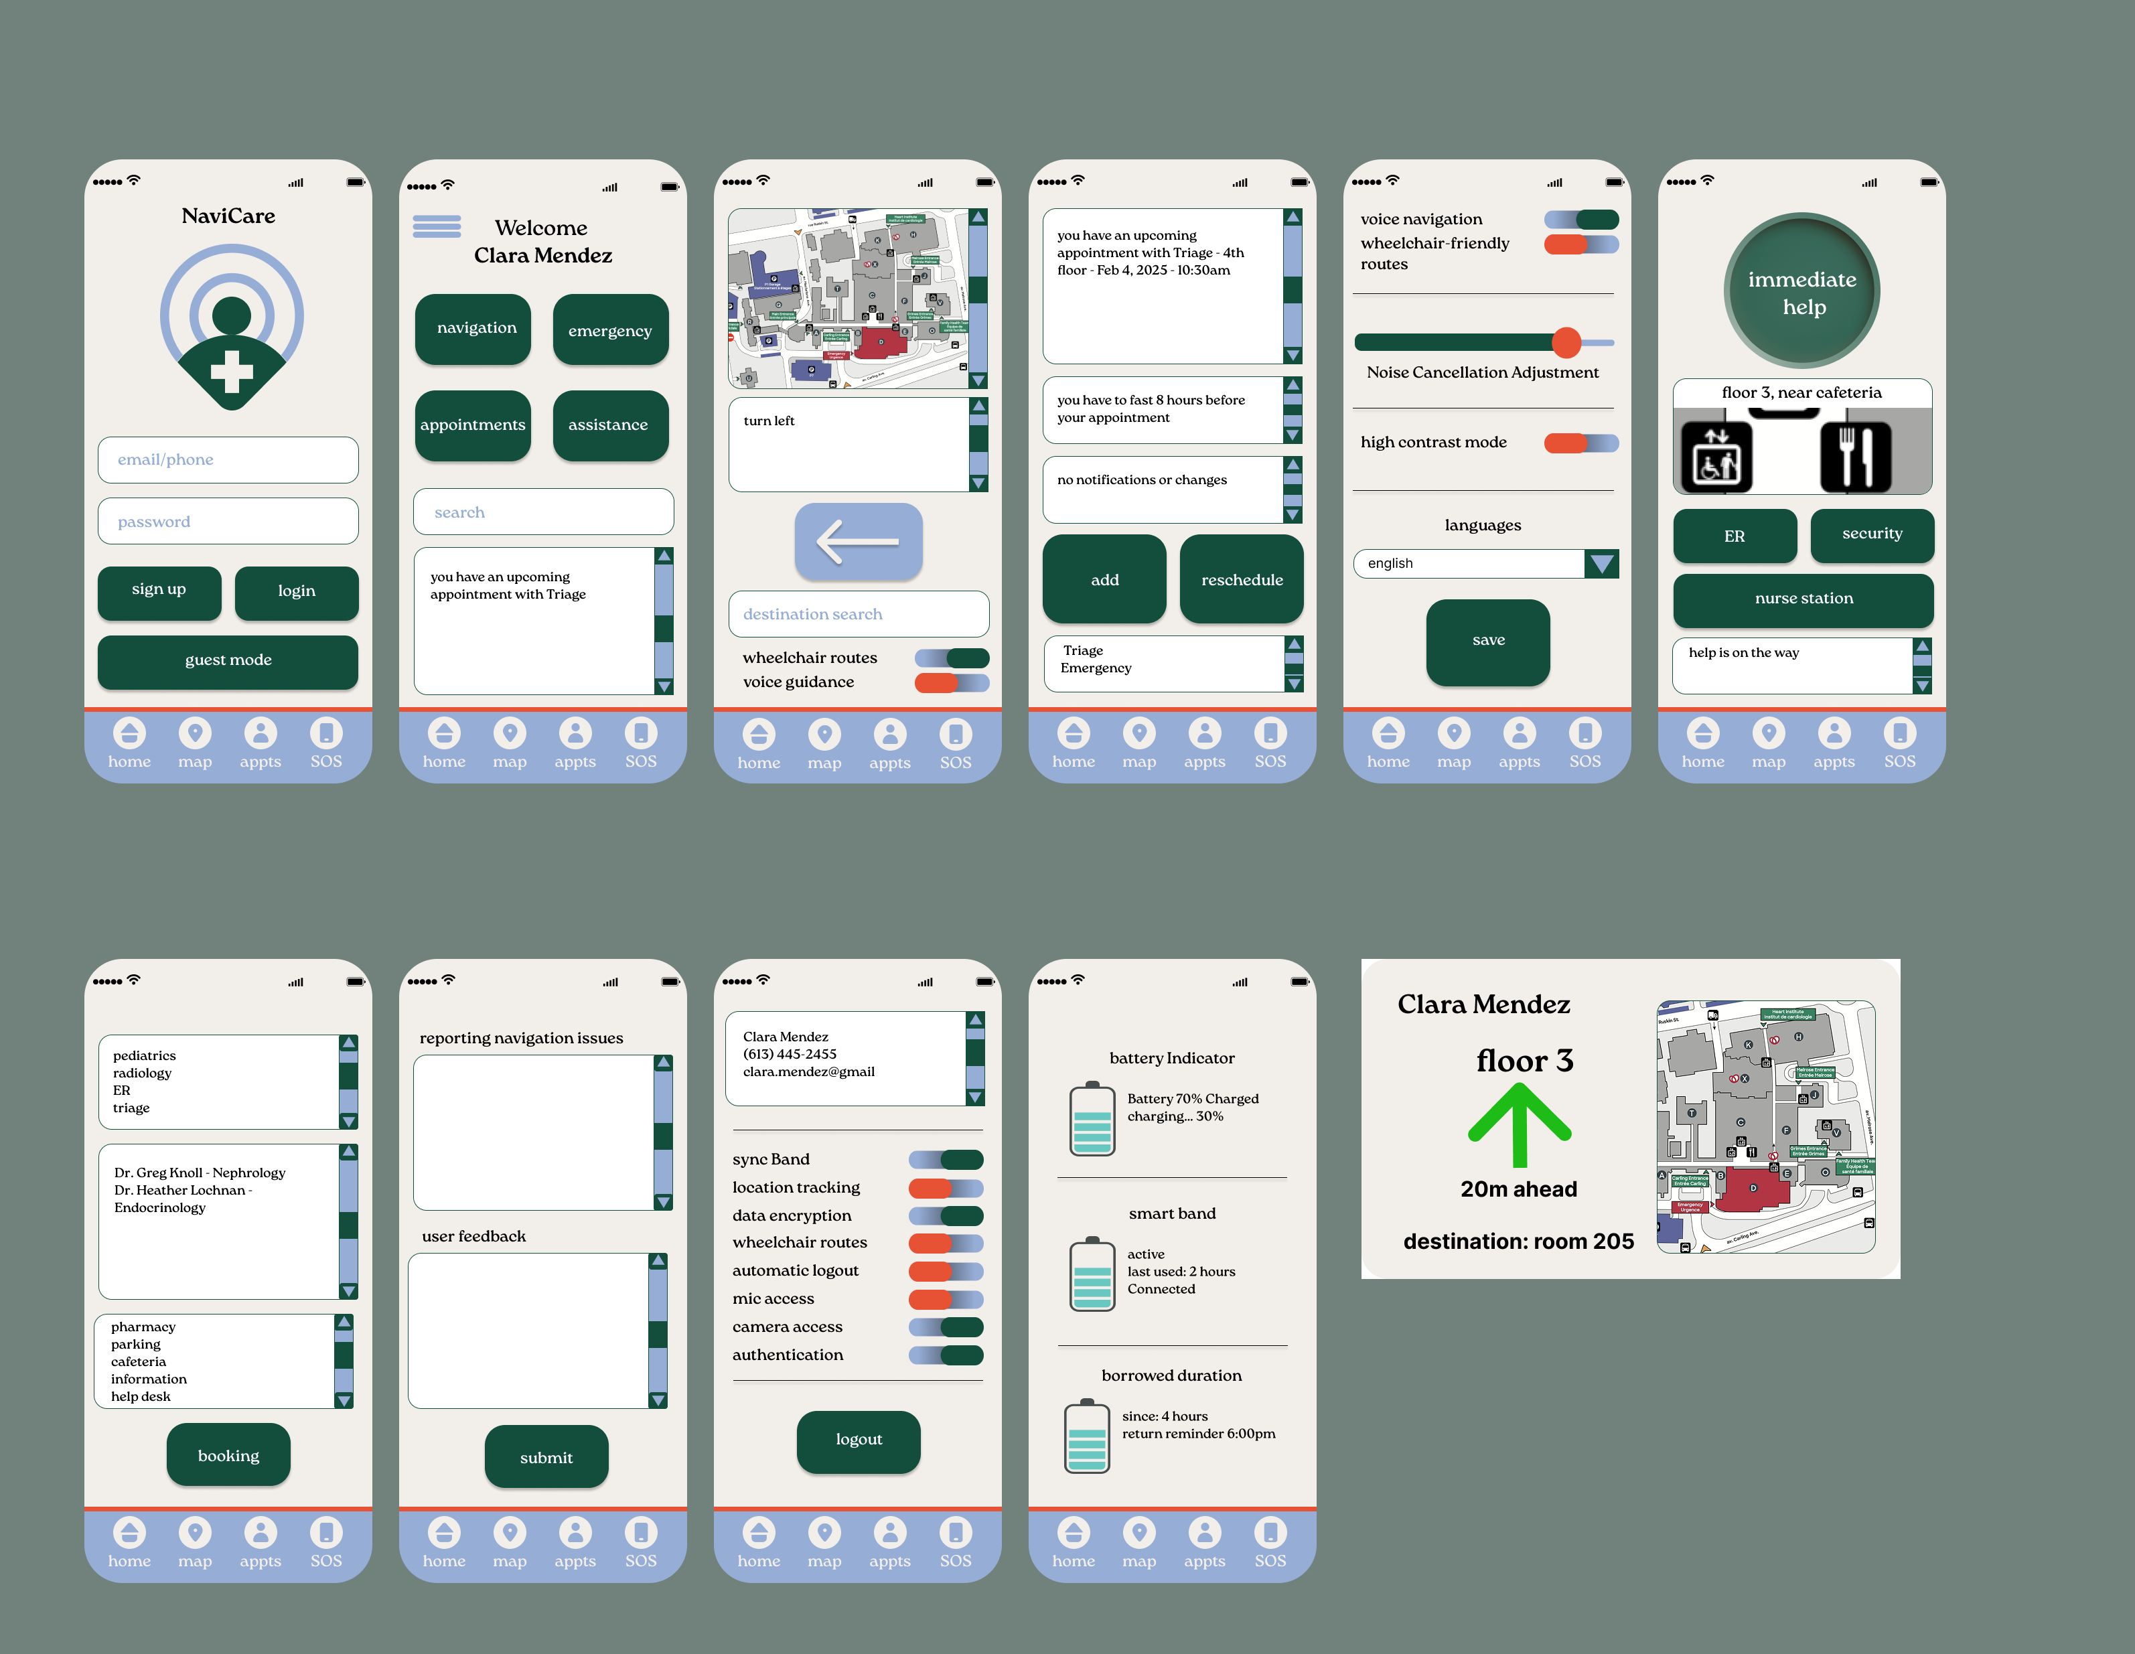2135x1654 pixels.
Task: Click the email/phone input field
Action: tap(228, 459)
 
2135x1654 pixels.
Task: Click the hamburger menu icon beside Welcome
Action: tap(436, 227)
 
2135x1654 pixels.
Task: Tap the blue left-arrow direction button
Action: tap(857, 540)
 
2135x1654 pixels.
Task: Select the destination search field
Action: tap(857, 614)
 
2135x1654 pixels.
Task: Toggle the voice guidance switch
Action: tap(950, 682)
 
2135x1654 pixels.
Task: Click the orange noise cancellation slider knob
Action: tap(1566, 342)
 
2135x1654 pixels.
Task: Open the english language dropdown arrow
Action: tap(1601, 563)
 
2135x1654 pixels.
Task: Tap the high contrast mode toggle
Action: tap(1580, 443)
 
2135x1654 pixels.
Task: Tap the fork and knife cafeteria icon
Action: tap(1854, 457)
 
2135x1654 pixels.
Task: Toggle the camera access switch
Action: tap(946, 1327)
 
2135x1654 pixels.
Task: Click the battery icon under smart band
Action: tap(1092, 1275)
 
